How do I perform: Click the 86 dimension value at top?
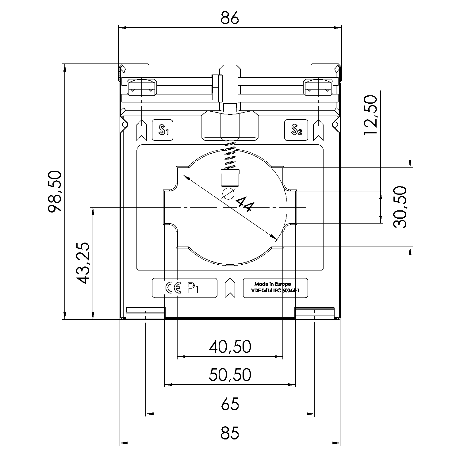tap(230, 18)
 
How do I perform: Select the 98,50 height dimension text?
tap(55, 192)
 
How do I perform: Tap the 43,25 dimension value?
tap(82, 263)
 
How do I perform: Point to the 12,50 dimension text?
tap(370, 115)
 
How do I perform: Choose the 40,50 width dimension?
tap(230, 347)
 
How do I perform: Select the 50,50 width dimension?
tap(230, 374)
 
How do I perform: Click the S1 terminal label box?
tap(163, 130)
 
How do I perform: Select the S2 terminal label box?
tap(296, 130)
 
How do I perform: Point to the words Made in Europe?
tap(272, 284)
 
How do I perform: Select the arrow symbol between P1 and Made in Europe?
tap(230, 288)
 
